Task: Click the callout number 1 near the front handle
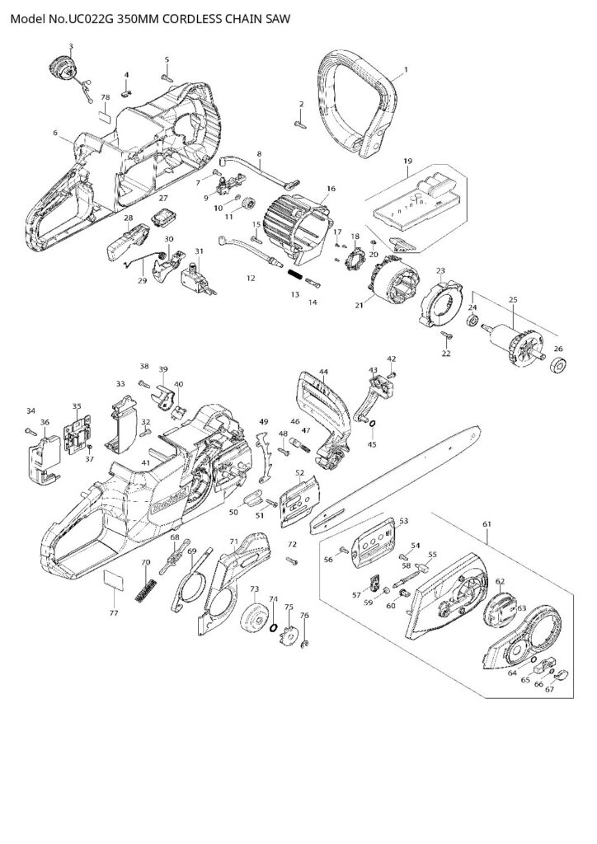point(404,73)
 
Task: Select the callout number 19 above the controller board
point(407,161)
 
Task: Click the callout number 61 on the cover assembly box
point(487,523)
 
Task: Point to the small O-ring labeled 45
point(371,425)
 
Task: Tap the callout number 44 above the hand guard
point(323,372)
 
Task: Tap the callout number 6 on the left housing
point(54,132)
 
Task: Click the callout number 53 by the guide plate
point(403,521)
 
